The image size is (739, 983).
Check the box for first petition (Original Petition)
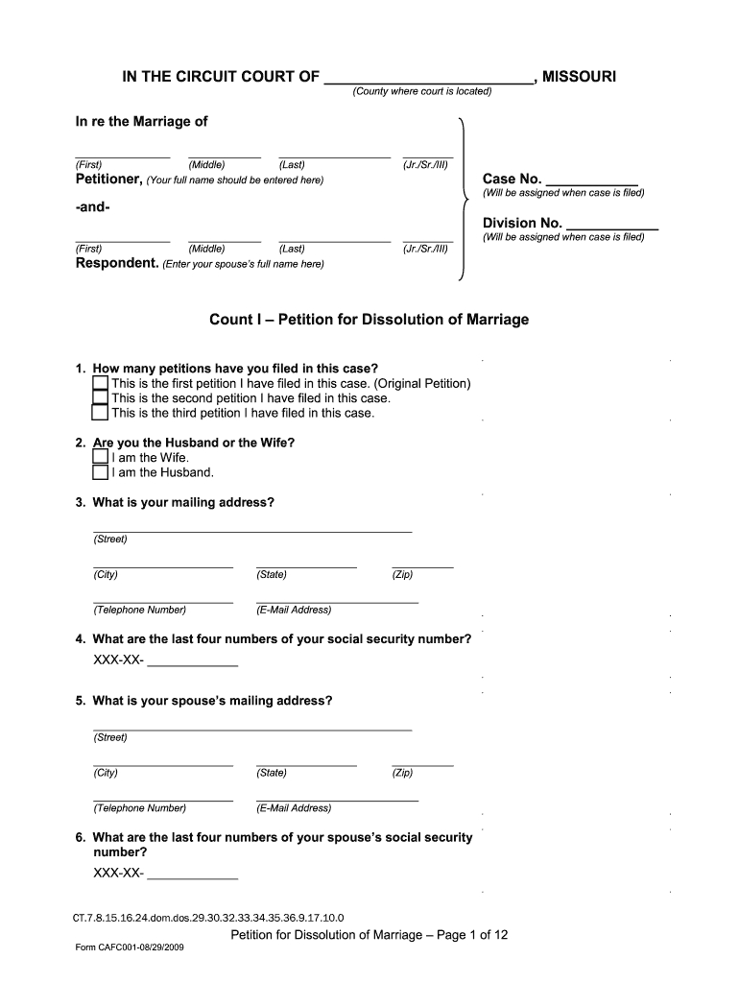(100, 383)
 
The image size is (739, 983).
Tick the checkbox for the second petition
(100, 398)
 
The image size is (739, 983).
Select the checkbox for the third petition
(100, 414)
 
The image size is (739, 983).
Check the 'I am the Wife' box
(100, 457)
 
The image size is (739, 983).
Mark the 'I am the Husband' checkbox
(100, 472)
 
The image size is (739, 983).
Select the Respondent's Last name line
(334, 238)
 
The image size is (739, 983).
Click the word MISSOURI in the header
(579, 76)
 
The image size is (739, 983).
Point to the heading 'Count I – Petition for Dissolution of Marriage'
(369, 320)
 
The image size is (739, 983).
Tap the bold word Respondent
(115, 263)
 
